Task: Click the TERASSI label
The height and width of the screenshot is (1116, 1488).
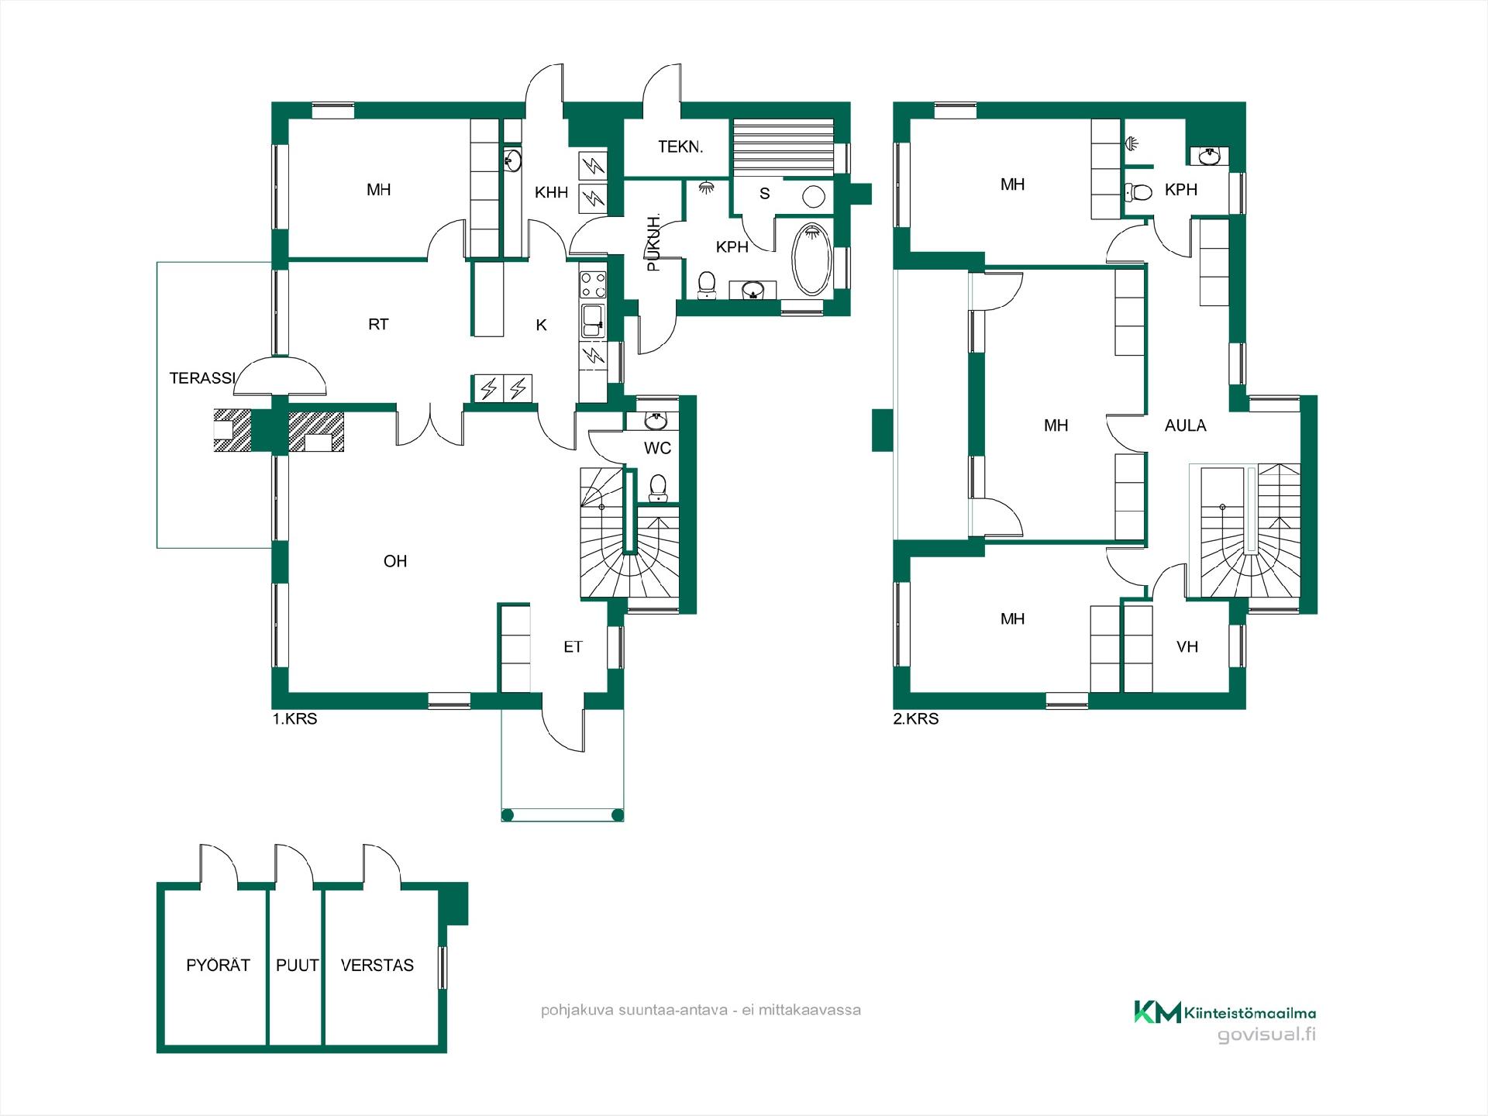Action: pyautogui.click(x=202, y=378)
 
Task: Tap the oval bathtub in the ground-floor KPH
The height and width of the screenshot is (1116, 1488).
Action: pyautogui.click(x=811, y=260)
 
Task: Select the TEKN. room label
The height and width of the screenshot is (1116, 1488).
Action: pyautogui.click(x=680, y=146)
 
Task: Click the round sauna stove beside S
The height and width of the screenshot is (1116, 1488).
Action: pyautogui.click(x=812, y=196)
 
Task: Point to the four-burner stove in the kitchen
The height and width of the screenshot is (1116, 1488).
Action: pyautogui.click(x=594, y=284)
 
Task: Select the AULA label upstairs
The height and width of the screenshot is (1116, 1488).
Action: pyautogui.click(x=1185, y=425)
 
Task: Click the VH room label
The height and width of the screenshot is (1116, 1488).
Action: pyautogui.click(x=1187, y=646)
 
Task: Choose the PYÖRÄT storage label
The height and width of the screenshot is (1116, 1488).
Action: pyautogui.click(x=218, y=965)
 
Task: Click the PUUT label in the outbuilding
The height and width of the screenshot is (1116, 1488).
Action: pyautogui.click(x=298, y=966)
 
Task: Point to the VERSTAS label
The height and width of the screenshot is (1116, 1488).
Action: pyautogui.click(x=377, y=966)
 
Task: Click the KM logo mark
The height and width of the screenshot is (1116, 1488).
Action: pyautogui.click(x=1158, y=1011)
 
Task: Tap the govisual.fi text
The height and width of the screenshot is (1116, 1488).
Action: pyautogui.click(x=1266, y=1035)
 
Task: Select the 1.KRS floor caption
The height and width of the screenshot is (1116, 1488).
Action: pyautogui.click(x=294, y=719)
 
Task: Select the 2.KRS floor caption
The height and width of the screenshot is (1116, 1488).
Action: pyautogui.click(x=916, y=719)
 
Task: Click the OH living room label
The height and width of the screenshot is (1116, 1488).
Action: pyautogui.click(x=395, y=561)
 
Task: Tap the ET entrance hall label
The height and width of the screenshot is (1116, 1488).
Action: pyautogui.click(x=573, y=647)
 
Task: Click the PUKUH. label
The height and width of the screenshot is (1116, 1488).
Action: pyautogui.click(x=654, y=243)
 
